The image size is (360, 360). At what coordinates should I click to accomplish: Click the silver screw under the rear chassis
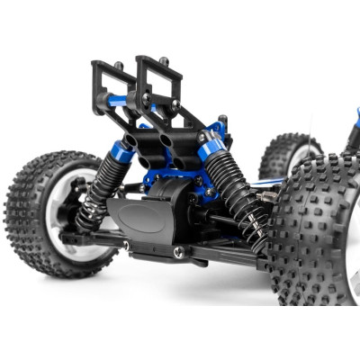(x=178, y=253)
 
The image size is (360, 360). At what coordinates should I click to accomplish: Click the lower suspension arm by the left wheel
(x=90, y=238)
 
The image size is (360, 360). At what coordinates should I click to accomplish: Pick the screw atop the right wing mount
(x=163, y=61)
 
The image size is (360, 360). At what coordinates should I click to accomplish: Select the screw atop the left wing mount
(x=118, y=65)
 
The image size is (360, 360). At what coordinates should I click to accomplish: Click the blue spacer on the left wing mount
(x=118, y=101)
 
